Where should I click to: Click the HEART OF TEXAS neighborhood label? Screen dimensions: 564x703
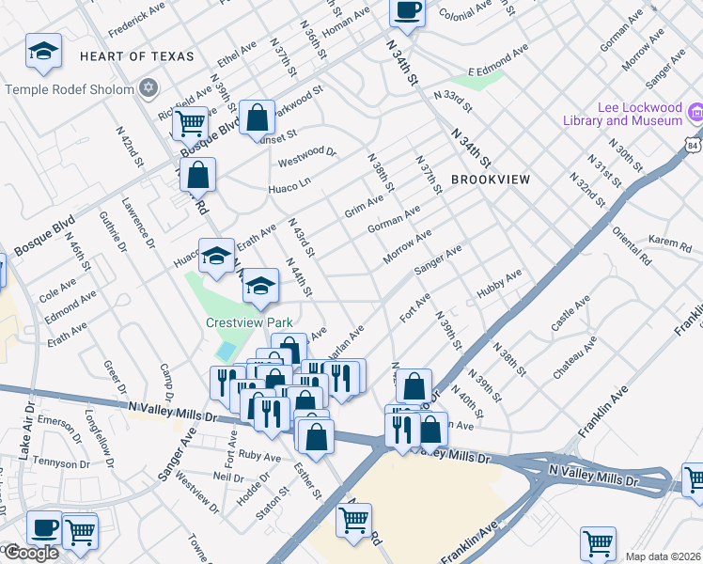pos(137,57)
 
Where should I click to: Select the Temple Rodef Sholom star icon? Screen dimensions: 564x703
pos(147,89)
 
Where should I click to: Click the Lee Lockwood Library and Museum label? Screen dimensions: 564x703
pos(622,114)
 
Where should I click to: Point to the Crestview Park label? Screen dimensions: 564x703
pos(250,322)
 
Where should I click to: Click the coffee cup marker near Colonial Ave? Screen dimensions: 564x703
pos(407,11)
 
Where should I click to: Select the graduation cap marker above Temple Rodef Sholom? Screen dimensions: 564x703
pos(43,52)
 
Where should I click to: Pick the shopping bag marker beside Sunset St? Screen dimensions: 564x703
pos(257,118)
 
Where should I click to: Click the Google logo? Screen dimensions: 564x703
pos(30,554)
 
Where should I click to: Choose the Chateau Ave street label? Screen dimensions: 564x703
pos(574,357)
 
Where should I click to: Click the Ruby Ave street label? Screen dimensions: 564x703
pos(260,458)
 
